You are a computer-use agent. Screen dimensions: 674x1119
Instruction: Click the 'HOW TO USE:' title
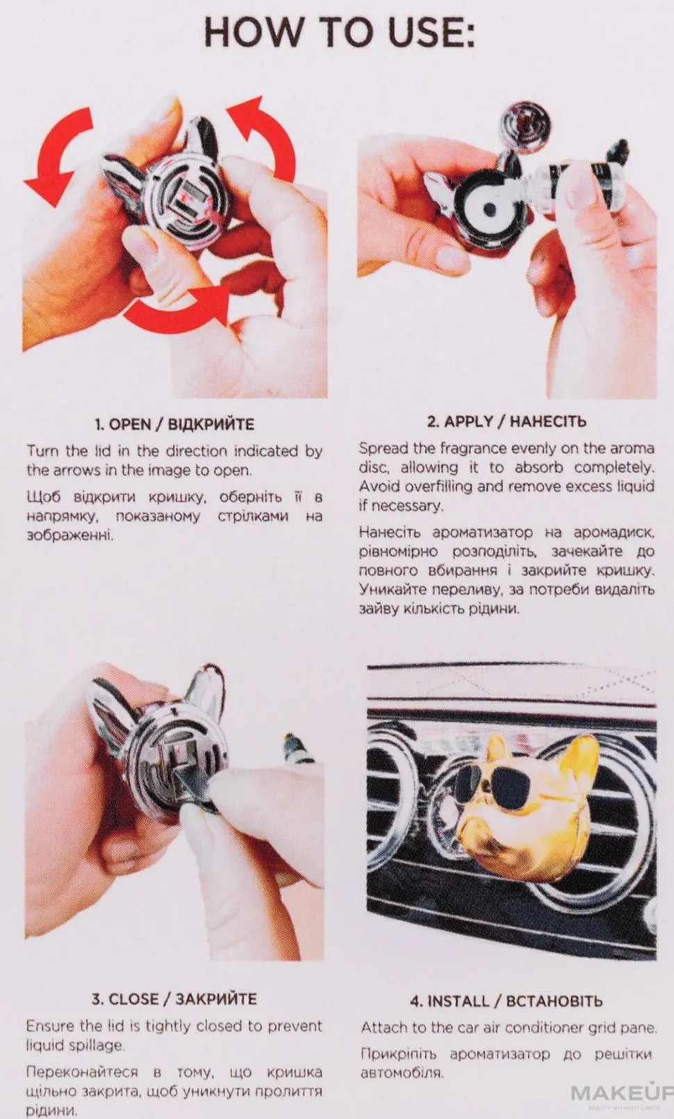point(339,33)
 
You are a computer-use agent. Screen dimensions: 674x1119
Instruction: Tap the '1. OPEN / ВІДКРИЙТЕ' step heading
point(174,424)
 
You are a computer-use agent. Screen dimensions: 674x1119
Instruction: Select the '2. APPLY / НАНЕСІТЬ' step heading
point(507,421)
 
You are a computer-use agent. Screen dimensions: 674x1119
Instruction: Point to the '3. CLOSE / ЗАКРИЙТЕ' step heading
point(174,999)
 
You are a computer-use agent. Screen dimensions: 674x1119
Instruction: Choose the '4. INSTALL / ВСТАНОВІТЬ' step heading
point(507,1001)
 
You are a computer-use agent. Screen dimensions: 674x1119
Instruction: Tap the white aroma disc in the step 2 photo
point(489,209)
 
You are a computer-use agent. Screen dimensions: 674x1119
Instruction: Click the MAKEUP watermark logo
point(622,1093)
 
